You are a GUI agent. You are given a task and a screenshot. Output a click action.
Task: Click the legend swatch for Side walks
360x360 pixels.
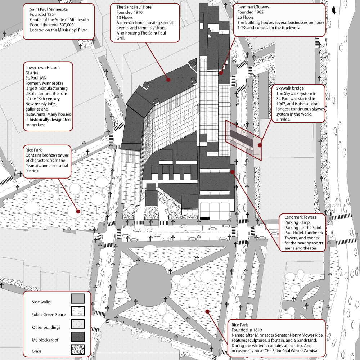(77, 298)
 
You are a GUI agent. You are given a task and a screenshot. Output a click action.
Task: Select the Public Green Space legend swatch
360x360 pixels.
(77, 311)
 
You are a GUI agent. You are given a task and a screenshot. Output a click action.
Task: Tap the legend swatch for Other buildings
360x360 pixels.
(77, 324)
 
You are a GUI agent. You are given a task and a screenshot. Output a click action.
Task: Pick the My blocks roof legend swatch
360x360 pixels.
(77, 337)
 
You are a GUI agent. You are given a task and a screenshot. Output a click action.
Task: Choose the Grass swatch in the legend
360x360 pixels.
(77, 349)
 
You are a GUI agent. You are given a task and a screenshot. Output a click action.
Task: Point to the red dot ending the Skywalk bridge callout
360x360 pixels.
(260, 145)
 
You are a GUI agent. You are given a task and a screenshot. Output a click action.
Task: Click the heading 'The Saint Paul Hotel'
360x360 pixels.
(134, 7)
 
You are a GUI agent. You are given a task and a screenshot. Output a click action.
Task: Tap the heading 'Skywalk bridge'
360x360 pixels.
(290, 88)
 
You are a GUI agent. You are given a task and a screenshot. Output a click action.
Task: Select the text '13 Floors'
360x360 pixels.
(125, 17)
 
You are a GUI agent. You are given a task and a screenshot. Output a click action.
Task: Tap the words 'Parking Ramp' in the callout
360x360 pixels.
(297, 222)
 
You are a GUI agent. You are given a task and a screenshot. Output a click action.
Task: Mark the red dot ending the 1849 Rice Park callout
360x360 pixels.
(207, 311)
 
